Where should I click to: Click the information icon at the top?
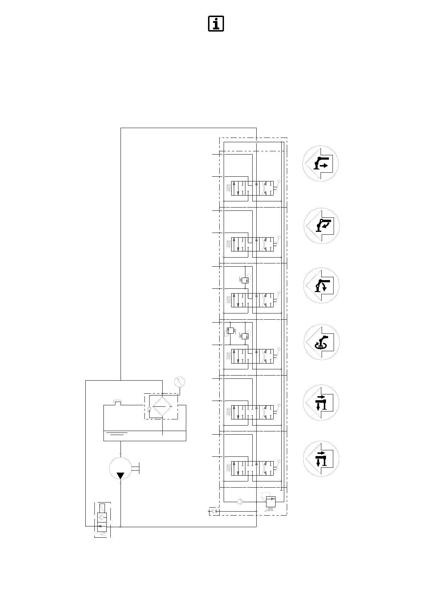[x=216, y=24]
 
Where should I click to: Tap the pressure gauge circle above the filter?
[x=179, y=382]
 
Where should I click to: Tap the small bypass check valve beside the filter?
[x=149, y=410]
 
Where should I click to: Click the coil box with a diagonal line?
[x=102, y=508]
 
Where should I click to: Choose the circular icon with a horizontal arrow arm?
[x=321, y=164]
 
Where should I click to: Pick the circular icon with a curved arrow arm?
[x=321, y=225]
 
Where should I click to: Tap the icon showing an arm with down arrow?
[x=321, y=286]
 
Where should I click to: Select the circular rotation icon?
[x=321, y=342]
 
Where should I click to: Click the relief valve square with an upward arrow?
[x=230, y=330]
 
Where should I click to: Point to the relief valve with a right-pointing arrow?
[x=271, y=502]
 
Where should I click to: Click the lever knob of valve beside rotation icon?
[x=279, y=349]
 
